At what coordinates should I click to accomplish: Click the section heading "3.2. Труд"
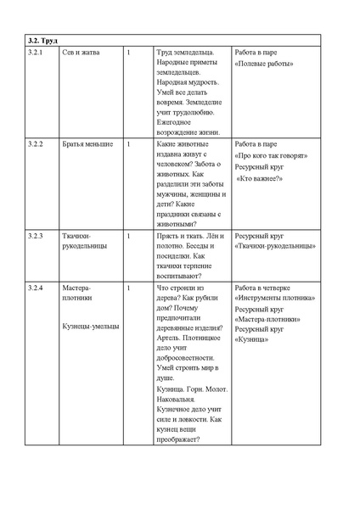(42, 39)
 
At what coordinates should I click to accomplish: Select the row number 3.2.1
(37, 53)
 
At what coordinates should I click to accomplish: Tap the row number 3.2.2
(37, 144)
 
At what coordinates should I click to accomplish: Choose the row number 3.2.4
(37, 288)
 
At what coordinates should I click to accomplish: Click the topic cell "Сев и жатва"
(81, 53)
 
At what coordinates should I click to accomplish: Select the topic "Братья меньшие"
(87, 144)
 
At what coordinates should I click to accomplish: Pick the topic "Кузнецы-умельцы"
(91, 326)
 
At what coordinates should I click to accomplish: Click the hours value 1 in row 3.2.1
(127, 53)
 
